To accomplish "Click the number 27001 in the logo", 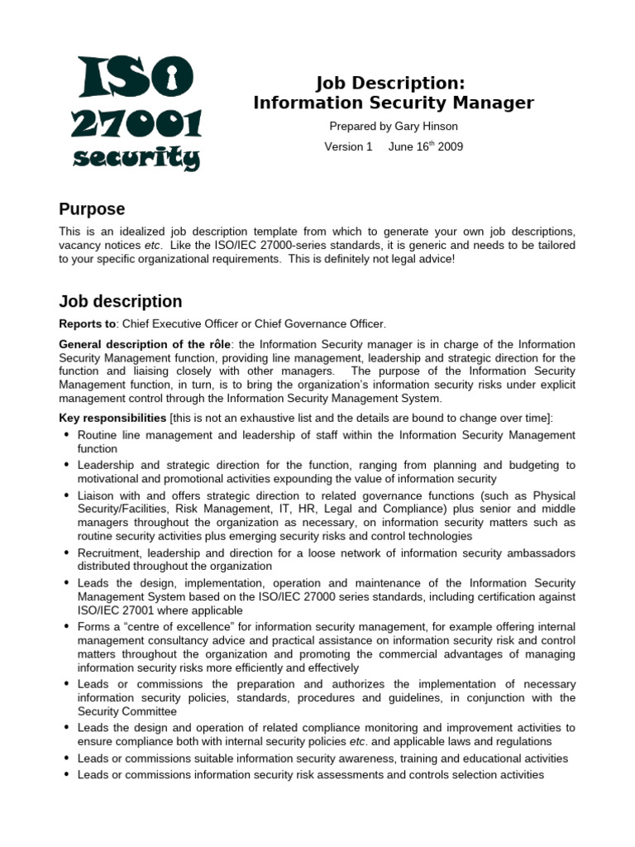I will click(x=136, y=124).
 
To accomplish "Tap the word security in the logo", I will click(x=136, y=156).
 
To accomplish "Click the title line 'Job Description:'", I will click(x=393, y=83).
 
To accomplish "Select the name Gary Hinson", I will click(x=426, y=127).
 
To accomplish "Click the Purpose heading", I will click(x=92, y=208).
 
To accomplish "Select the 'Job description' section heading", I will click(x=121, y=301).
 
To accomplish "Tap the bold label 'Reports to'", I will click(x=87, y=324).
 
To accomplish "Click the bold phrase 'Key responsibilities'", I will click(x=112, y=418).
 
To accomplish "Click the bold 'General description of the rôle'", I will click(x=146, y=344).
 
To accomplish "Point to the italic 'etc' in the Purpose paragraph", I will click(x=153, y=246).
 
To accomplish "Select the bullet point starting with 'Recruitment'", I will click(x=326, y=559).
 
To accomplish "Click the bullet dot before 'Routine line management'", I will click(x=65, y=434).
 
